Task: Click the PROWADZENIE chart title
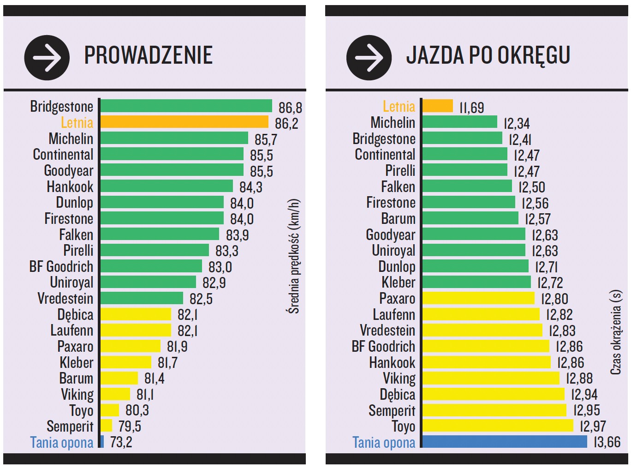tap(148, 55)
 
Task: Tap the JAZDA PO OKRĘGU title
tap(488, 55)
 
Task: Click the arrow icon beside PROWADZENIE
tap(47, 58)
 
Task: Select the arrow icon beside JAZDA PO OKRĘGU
tap(369, 58)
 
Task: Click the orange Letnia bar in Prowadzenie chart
tap(184, 122)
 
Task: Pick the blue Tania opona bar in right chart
tap(505, 442)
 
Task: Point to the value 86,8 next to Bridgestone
tap(290, 108)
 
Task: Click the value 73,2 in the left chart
tap(121, 442)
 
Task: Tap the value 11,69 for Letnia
tap(471, 108)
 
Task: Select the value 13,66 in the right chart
tap(607, 442)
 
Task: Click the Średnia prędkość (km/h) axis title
tap(294, 256)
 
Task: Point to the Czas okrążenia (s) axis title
tap(616, 332)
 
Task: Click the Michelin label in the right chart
tap(393, 123)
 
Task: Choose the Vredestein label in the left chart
tap(65, 299)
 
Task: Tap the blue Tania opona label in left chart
tap(61, 443)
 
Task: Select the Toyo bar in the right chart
tap(498, 426)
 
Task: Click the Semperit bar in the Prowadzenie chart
tap(107, 426)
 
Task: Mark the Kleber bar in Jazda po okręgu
tap(476, 282)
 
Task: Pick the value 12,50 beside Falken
tap(531, 187)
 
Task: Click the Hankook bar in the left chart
tap(167, 186)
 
